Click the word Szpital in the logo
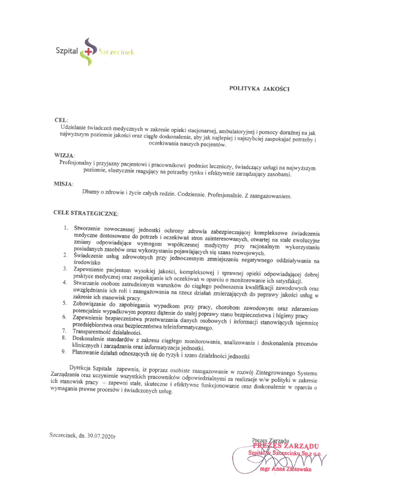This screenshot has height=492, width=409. [x=67, y=52]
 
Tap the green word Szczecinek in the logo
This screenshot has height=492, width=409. [x=116, y=52]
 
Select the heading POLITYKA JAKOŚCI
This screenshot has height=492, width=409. [x=259, y=88]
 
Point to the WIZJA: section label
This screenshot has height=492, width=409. [x=64, y=155]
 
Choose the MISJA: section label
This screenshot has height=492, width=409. [x=63, y=184]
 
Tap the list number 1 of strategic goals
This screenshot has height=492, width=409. [x=65, y=227]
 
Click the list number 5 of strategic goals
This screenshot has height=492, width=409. [x=65, y=302]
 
